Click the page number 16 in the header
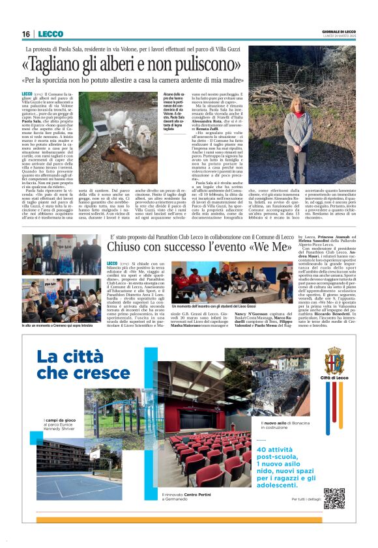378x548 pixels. click(25, 34)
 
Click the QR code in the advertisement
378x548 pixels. click(334, 498)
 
